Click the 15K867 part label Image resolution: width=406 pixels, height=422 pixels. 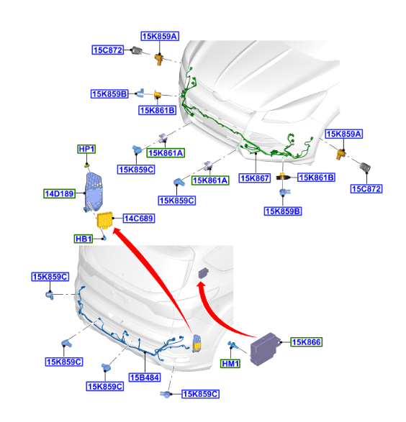tap(255, 178)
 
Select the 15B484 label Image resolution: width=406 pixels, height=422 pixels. tap(145, 377)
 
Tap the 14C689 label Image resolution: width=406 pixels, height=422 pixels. tap(139, 219)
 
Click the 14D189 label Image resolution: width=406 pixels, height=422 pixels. tap(59, 193)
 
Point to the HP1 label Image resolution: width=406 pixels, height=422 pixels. tap(86, 149)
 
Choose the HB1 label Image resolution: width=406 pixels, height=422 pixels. tap(84, 239)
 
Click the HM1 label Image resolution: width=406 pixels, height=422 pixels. tap(230, 364)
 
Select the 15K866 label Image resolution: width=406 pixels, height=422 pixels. tap(307, 342)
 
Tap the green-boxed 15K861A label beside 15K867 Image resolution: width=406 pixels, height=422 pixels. tap(210, 180)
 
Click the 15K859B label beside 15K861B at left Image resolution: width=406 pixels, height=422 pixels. tap(109, 94)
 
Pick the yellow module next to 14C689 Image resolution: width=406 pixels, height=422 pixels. tap(105, 221)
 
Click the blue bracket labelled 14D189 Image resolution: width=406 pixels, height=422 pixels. tap(94, 192)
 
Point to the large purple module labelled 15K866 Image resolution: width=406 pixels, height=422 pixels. tap(265, 349)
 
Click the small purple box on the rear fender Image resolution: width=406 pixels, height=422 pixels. tap(204, 273)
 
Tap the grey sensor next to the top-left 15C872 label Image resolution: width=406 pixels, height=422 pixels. tap(136, 50)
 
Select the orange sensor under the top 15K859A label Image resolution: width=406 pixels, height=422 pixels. tap(159, 59)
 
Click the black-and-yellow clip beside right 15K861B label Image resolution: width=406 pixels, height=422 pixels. tap(283, 177)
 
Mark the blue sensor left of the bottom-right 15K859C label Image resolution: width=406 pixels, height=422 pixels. tap(166, 394)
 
